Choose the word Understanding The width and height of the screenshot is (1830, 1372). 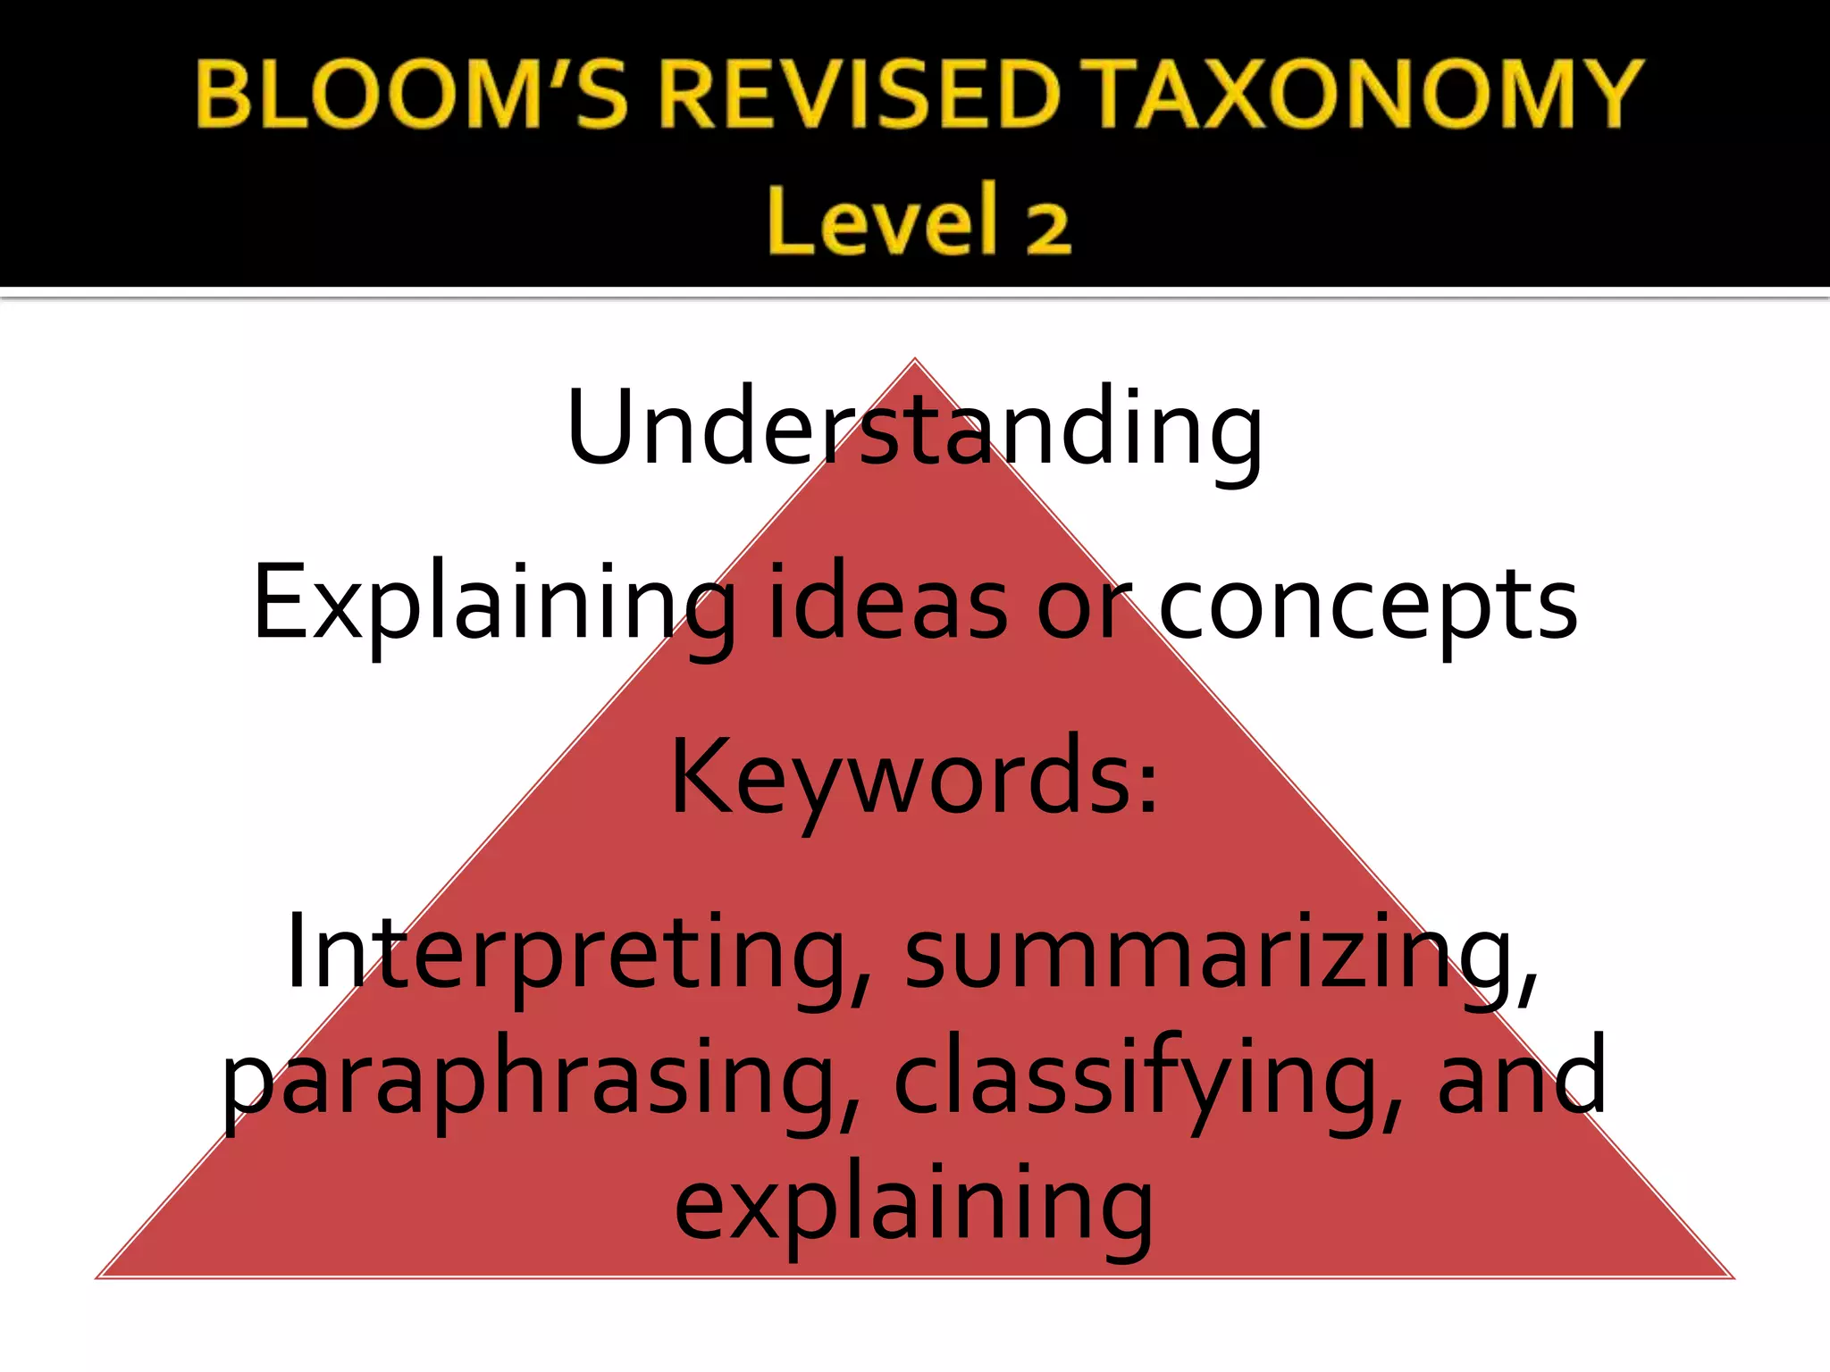[914, 427]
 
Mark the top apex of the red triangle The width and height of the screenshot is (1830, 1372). [914, 359]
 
